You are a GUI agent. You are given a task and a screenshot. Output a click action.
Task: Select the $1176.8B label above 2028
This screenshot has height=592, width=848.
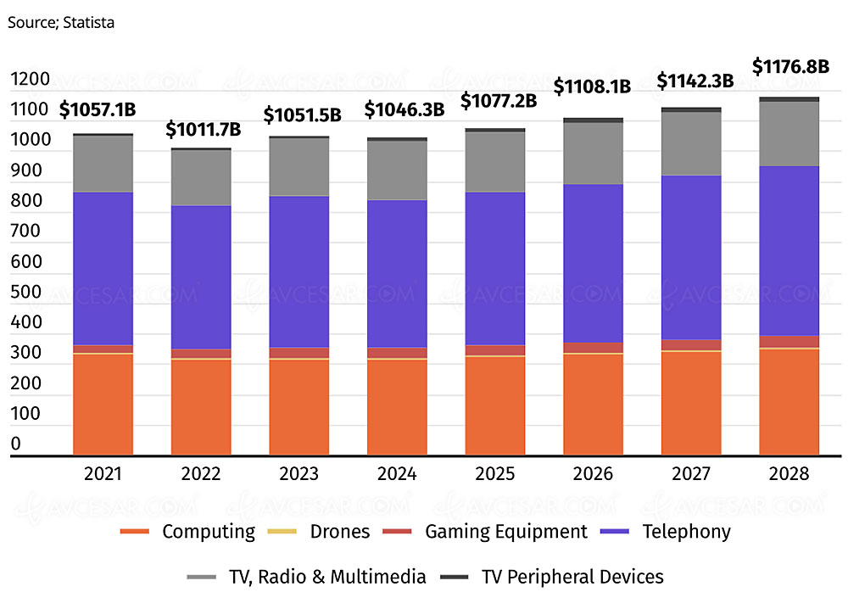tap(790, 65)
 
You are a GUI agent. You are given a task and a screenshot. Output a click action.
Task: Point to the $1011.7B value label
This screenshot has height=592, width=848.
tap(203, 129)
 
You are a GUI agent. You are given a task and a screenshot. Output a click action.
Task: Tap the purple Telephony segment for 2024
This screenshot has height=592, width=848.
tap(397, 273)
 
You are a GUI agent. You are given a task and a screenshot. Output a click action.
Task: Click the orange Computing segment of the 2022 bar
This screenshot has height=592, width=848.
tap(201, 407)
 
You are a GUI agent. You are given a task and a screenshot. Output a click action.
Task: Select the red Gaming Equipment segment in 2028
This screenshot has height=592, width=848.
tap(789, 341)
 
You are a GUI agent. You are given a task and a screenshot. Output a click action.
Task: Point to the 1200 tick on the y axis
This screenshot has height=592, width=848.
tap(31, 80)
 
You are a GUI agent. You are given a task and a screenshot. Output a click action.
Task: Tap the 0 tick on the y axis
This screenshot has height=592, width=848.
tap(16, 444)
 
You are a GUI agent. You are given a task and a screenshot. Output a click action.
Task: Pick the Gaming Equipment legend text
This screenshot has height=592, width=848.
tap(506, 532)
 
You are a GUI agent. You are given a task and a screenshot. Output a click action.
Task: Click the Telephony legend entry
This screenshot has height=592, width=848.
tap(686, 532)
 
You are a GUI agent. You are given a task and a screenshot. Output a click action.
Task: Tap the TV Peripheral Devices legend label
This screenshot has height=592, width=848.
tap(572, 577)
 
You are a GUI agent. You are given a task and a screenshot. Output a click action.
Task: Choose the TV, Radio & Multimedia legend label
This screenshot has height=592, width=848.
tap(326, 577)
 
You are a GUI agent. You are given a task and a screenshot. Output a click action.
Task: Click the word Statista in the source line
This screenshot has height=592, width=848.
tap(86, 23)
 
